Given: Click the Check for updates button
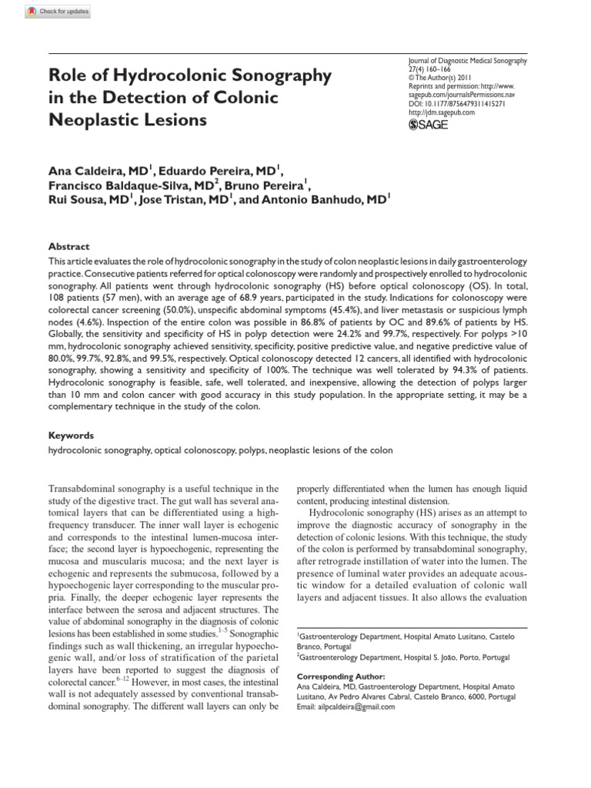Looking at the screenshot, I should [58, 12].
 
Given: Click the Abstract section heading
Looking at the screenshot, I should [68, 247].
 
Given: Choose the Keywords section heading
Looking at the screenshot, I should [71, 435].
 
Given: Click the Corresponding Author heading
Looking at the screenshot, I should [341, 676].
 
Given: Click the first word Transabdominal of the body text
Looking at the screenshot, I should [84, 489].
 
